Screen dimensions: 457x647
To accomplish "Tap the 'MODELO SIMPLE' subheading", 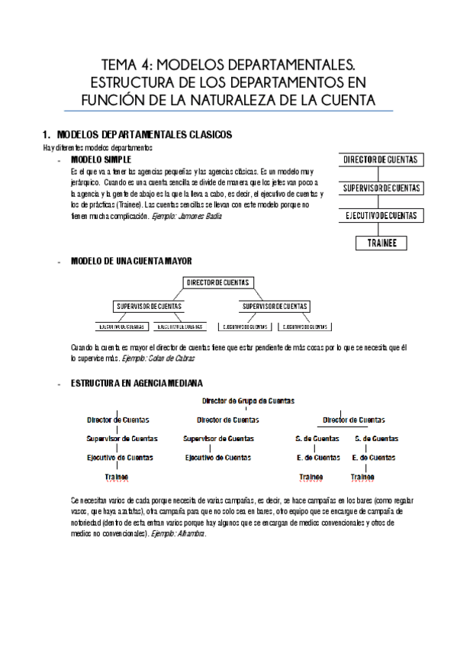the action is [x=101, y=160].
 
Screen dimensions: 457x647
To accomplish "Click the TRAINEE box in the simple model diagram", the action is [x=381, y=243].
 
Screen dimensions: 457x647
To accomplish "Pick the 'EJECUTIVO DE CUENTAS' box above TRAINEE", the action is [x=381, y=216].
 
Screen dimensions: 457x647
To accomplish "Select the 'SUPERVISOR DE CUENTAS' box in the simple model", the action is [x=381, y=188].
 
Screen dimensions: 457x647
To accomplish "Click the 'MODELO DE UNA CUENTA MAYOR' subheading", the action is [x=126, y=261].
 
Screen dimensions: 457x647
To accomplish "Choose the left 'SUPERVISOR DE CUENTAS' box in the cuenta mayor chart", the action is [x=150, y=307].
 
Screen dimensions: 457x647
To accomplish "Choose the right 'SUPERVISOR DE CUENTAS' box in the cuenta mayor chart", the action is [x=275, y=307].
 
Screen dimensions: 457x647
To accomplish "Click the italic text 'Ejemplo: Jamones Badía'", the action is [x=187, y=217].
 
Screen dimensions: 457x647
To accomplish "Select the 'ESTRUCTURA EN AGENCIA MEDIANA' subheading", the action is [x=137, y=383].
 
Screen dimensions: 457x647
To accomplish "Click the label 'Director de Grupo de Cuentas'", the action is [x=248, y=400].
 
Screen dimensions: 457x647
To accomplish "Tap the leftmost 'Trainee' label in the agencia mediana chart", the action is [x=117, y=477].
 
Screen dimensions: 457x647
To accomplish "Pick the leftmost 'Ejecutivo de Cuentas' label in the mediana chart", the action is [x=120, y=458].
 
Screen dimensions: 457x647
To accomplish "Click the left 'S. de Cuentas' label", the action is [x=317, y=439].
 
